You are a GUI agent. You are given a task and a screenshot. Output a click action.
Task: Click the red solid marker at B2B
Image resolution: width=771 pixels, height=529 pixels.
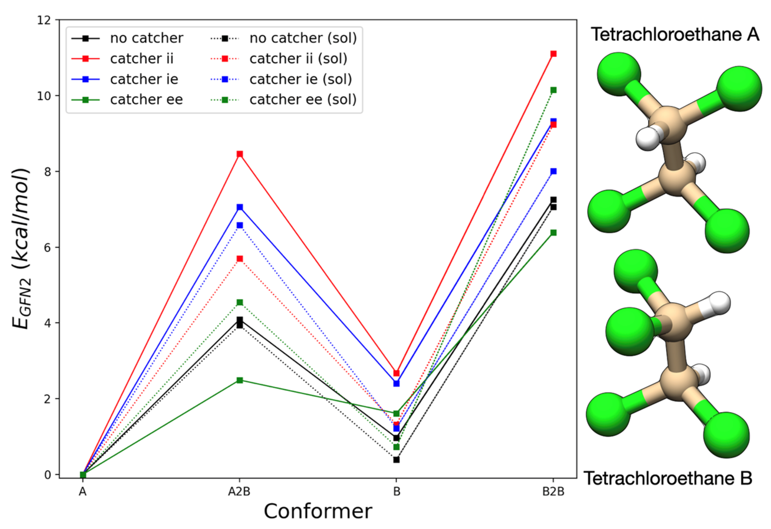coord(553,54)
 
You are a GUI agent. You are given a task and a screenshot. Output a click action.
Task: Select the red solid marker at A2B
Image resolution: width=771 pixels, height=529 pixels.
coord(239,154)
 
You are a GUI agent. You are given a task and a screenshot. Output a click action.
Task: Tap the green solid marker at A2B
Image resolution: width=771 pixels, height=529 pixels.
coord(239,380)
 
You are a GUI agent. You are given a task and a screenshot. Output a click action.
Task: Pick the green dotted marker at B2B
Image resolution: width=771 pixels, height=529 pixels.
coord(553,90)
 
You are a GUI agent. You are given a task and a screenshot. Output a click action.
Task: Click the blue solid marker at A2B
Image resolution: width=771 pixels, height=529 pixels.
coord(239,207)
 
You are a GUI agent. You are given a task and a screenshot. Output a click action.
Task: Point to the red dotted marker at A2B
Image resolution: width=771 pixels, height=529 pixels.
coord(239,259)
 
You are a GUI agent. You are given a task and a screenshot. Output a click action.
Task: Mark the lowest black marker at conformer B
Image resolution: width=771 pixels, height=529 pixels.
coord(396,460)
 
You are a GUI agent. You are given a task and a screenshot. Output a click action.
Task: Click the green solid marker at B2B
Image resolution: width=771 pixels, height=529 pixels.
coord(553,233)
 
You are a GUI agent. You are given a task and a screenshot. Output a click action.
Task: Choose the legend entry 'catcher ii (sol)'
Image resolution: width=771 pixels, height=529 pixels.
coord(298,59)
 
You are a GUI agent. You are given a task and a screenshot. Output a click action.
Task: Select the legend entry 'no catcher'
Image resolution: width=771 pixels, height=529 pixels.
coord(146,38)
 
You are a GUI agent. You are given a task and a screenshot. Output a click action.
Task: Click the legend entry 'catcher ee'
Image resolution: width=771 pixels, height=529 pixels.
coord(146,99)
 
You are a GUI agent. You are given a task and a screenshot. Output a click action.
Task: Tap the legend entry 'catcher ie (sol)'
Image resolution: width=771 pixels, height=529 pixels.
coord(300,79)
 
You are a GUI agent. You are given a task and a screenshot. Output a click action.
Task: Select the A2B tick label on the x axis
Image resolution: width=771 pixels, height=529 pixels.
coord(239,492)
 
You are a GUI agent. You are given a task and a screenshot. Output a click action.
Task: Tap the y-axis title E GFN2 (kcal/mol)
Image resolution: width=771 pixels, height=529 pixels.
coord(22,249)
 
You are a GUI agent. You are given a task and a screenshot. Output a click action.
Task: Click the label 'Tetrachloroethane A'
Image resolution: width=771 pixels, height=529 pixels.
coord(675,34)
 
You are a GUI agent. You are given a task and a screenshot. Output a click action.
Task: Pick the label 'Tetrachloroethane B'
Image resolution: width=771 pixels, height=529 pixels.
coord(668,478)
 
